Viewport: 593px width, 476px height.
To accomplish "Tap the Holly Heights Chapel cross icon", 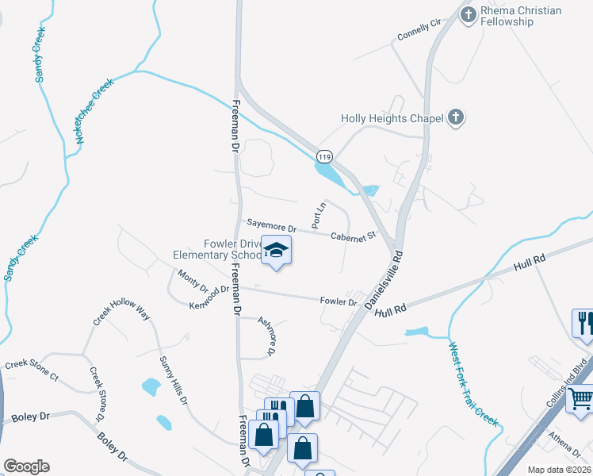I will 455,119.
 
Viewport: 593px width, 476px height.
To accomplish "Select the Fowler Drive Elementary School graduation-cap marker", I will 276,251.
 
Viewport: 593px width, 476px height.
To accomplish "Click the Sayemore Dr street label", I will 271,227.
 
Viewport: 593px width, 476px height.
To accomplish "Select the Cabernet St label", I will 353,236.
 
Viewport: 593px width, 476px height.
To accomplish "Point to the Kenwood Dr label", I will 210,298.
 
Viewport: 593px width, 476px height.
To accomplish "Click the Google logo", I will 26,466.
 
